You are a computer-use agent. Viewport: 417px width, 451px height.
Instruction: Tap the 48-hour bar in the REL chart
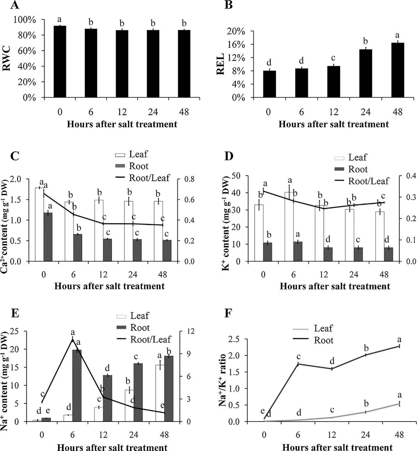(x=397, y=70)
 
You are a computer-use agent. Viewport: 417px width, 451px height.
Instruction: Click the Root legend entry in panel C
(x=138, y=166)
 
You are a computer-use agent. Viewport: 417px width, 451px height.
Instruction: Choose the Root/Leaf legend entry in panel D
(x=368, y=181)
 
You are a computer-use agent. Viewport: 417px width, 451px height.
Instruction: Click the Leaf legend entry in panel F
(x=323, y=328)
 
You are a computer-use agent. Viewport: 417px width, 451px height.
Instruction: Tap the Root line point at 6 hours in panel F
(x=298, y=364)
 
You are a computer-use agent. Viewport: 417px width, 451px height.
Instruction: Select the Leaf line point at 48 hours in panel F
(x=399, y=404)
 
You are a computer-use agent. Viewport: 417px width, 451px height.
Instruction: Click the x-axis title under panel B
(x=334, y=124)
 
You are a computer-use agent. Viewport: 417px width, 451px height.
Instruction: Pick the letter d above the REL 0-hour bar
(x=268, y=62)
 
